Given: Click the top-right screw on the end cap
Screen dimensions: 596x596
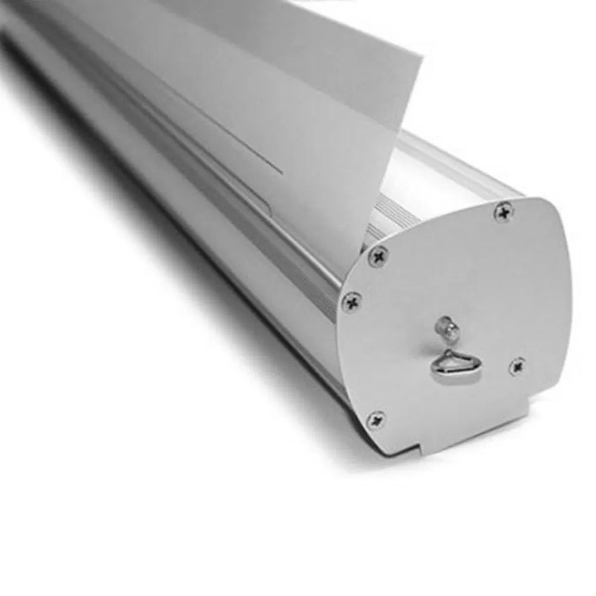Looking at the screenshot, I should coord(504,212).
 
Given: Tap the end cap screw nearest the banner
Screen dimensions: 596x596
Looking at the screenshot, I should coord(378,256).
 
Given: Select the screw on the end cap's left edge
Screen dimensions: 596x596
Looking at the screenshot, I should coord(352,302).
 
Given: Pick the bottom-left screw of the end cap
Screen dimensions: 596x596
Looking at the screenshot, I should coord(376,420).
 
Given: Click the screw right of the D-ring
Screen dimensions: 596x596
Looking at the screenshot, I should coord(518,366).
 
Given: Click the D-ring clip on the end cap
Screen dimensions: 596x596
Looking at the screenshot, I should coord(450,365).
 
